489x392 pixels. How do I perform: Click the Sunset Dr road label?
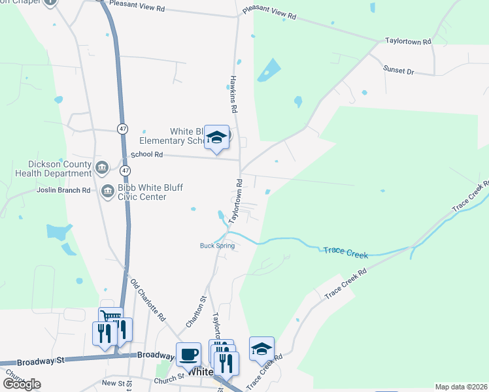click(x=399, y=69)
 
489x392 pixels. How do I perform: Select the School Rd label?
click(x=146, y=155)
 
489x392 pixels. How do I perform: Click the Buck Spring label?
click(x=217, y=246)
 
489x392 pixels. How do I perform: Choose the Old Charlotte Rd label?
click(x=147, y=300)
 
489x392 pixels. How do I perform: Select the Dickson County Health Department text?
click(x=51, y=169)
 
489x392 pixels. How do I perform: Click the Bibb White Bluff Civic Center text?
click(x=149, y=192)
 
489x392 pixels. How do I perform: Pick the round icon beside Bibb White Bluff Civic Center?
click(x=107, y=191)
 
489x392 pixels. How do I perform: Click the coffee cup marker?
click(x=188, y=353)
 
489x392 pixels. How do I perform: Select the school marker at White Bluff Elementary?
click(x=216, y=137)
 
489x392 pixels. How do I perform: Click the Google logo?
click(x=22, y=384)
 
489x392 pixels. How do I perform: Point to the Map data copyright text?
click(x=460, y=387)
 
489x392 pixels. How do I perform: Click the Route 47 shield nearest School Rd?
click(x=125, y=170)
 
